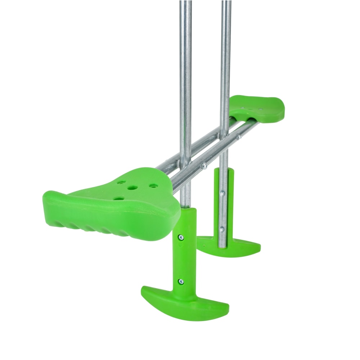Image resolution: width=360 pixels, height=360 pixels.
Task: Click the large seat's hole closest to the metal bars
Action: click(x=154, y=186)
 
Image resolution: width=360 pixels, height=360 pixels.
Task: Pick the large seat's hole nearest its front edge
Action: click(x=118, y=198)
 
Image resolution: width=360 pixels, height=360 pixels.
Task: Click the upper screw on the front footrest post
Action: click(x=181, y=237)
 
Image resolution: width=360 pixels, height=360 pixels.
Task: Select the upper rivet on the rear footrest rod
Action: click(x=222, y=194)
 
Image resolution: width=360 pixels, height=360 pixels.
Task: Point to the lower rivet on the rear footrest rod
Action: click(x=222, y=229)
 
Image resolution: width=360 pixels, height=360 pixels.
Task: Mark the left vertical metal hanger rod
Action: click(x=185, y=72)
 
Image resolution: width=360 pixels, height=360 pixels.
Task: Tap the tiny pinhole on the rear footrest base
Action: click(x=204, y=246)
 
